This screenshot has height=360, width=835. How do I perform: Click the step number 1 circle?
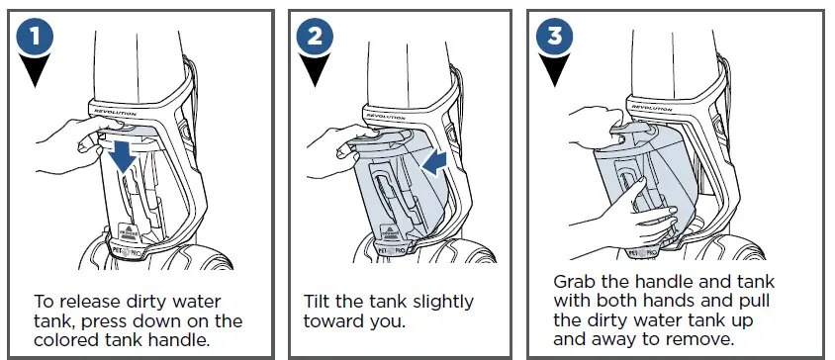(36, 37)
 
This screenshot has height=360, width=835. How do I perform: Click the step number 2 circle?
(315, 37)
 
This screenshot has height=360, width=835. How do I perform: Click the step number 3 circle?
(554, 37)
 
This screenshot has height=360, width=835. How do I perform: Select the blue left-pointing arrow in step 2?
(435, 161)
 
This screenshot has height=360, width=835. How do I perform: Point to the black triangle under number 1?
(36, 70)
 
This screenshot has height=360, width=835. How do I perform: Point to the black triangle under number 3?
(554, 70)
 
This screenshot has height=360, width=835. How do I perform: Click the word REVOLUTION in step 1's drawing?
(116, 113)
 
